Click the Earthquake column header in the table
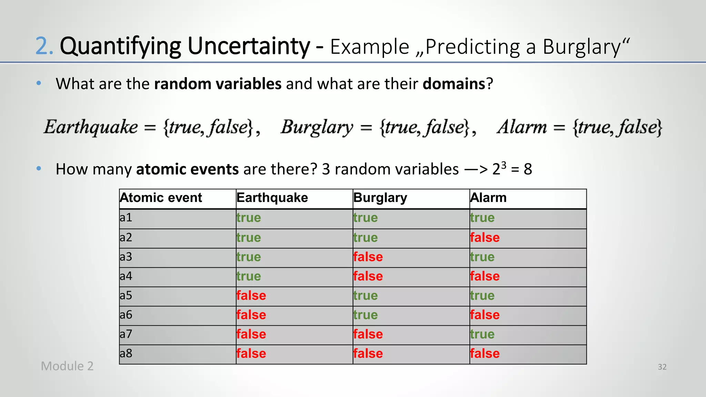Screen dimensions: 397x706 [x=272, y=198]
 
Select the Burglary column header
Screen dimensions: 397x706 [x=380, y=198]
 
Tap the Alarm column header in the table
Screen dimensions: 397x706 [x=488, y=198]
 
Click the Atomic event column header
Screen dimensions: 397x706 [x=161, y=198]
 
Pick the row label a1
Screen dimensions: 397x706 [x=126, y=217]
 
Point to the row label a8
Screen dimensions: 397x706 [x=126, y=353]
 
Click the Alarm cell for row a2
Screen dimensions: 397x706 [x=485, y=237]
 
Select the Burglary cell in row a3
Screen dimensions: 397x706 [x=368, y=257]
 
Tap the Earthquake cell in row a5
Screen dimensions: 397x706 [x=251, y=295]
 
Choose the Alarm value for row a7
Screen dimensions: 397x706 [x=482, y=334]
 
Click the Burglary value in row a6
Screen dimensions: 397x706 [x=365, y=315]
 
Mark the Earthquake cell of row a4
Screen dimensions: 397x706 [x=249, y=276]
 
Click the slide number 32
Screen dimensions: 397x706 [x=662, y=367]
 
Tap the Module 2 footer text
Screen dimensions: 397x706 [x=67, y=366]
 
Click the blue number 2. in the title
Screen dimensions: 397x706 [x=44, y=46]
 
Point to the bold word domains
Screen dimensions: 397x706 [x=454, y=84]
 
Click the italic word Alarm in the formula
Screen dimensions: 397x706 [x=522, y=127]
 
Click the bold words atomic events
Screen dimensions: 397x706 [x=187, y=169]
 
